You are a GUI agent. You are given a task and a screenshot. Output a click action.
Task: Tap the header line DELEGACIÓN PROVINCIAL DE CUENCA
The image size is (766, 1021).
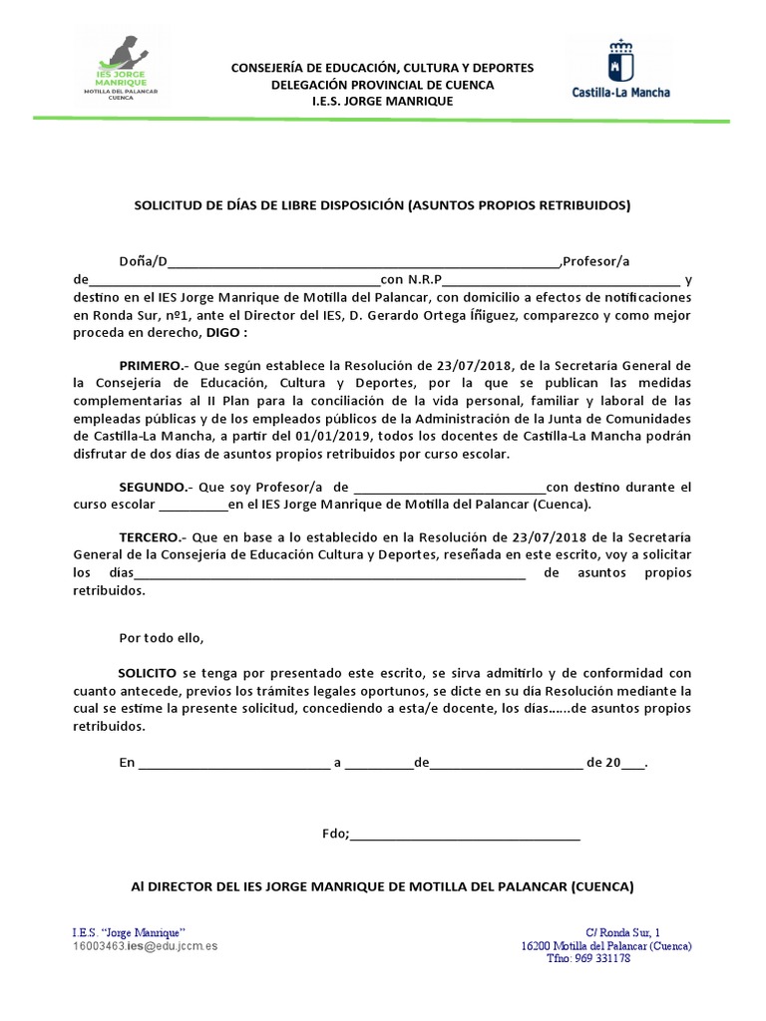click(x=382, y=85)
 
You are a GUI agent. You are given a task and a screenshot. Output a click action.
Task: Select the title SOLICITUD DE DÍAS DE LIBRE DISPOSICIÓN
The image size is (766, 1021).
click(x=382, y=205)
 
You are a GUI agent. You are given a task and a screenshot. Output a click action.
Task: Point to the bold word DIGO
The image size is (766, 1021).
click(x=222, y=334)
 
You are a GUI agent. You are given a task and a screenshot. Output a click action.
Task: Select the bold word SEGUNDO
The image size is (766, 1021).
click(x=153, y=488)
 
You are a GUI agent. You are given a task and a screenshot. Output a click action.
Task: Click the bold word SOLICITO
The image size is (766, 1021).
click(x=148, y=673)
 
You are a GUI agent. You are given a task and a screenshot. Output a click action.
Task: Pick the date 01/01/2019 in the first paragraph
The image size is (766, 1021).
click(x=333, y=436)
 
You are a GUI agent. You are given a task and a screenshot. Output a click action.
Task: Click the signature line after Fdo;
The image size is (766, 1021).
click(x=465, y=836)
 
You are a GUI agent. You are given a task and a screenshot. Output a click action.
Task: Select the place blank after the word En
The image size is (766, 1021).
click(x=233, y=764)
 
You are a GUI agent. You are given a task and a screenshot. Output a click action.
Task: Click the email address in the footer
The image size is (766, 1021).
click(x=146, y=944)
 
